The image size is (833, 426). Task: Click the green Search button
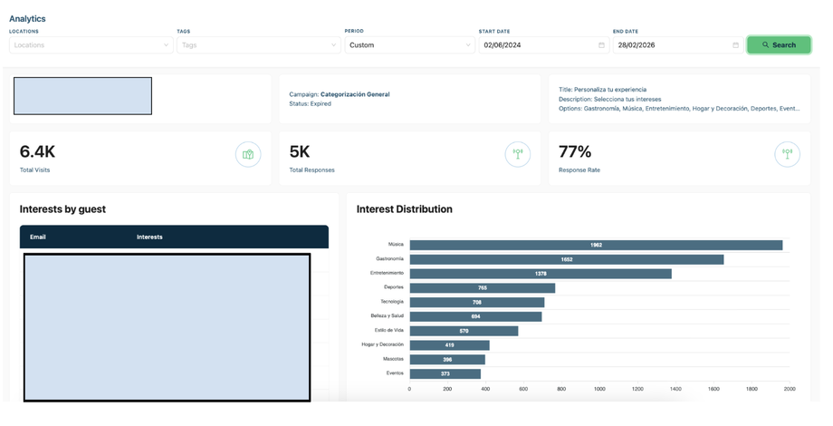click(x=779, y=45)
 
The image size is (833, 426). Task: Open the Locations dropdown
click(x=91, y=45)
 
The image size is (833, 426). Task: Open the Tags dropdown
click(x=259, y=45)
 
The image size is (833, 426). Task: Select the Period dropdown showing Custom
click(x=409, y=45)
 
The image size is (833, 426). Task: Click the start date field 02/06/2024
click(x=543, y=45)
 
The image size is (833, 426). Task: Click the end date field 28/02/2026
click(x=678, y=45)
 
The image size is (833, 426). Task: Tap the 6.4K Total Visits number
click(x=37, y=152)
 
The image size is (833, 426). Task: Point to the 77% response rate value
click(x=575, y=152)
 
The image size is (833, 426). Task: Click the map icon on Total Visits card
click(x=248, y=155)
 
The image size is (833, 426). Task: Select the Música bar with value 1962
click(x=596, y=245)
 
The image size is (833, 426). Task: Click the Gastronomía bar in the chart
click(x=566, y=259)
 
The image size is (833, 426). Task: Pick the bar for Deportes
click(x=483, y=287)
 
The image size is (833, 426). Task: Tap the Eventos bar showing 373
click(x=445, y=373)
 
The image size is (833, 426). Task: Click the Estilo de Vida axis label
click(x=388, y=330)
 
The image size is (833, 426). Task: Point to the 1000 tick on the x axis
click(x=599, y=389)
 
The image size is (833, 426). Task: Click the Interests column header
click(x=149, y=237)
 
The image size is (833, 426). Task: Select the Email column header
click(x=38, y=237)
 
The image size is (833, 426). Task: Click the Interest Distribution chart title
click(x=405, y=209)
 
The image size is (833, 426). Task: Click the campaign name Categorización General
click(x=355, y=94)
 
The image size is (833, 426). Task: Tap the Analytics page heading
click(x=27, y=19)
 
